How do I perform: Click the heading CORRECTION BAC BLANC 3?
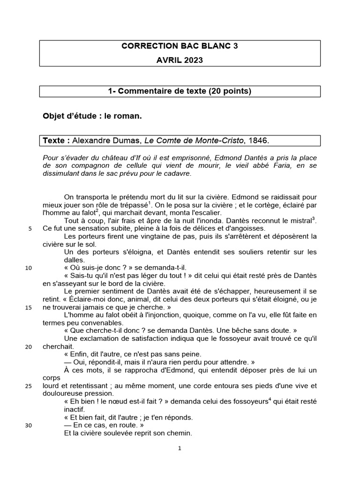(x=180, y=46)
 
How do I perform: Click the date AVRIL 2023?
(x=180, y=60)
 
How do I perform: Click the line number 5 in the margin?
(x=30, y=229)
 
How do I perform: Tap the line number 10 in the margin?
(x=29, y=269)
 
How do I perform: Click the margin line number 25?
(x=29, y=386)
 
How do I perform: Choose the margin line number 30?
(x=29, y=426)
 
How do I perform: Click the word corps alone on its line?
(x=52, y=378)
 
